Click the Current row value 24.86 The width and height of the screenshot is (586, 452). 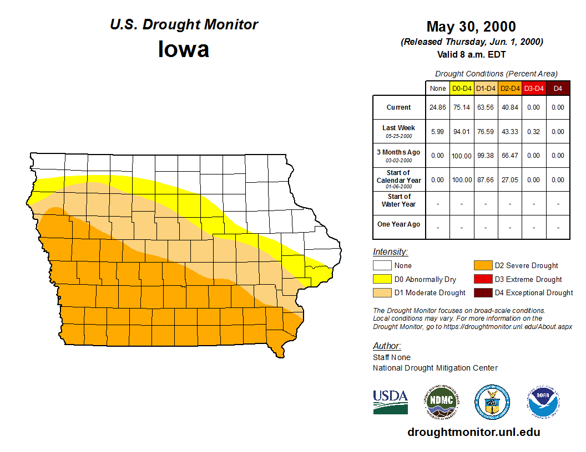click(437, 107)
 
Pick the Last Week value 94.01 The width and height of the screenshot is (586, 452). click(462, 132)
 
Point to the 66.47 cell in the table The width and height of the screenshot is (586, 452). click(509, 156)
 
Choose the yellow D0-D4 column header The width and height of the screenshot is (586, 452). click(462, 88)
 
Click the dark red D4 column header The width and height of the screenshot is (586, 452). click(558, 88)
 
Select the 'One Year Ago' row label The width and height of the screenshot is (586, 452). click(399, 224)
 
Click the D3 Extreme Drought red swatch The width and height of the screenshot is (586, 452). click(482, 279)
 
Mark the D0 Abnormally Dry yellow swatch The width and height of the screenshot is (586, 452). click(382, 279)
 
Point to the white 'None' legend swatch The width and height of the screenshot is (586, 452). click(382, 266)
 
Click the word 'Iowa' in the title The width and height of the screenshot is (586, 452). click(184, 49)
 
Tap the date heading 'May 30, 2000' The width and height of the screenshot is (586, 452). click(471, 27)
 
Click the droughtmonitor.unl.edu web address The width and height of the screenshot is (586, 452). click(474, 432)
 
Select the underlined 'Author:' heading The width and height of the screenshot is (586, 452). click(387, 346)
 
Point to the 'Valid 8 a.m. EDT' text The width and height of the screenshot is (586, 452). click(471, 54)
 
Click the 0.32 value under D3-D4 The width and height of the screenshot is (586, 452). click(533, 132)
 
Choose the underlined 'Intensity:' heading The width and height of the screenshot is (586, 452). click(390, 251)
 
